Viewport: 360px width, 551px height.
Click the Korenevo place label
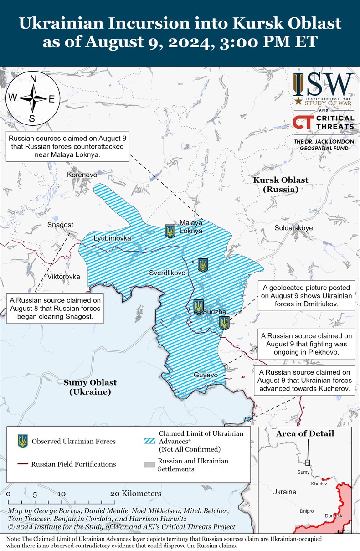click(82, 175)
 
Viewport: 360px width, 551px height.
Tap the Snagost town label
click(60, 225)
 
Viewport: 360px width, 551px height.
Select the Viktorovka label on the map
click(64, 277)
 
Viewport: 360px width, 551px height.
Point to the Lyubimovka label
click(112, 238)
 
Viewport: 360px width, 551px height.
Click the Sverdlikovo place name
click(167, 273)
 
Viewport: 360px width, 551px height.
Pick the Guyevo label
click(206, 375)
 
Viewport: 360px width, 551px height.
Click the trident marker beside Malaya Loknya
click(170, 231)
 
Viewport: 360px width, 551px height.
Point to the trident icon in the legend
click(22, 441)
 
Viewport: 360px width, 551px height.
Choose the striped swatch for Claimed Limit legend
click(149, 441)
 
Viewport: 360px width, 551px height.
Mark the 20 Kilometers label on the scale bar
click(135, 494)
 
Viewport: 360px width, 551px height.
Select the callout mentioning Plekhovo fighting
click(306, 344)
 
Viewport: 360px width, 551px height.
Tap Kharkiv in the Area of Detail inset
click(319, 483)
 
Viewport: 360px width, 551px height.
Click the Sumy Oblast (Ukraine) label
click(90, 387)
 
